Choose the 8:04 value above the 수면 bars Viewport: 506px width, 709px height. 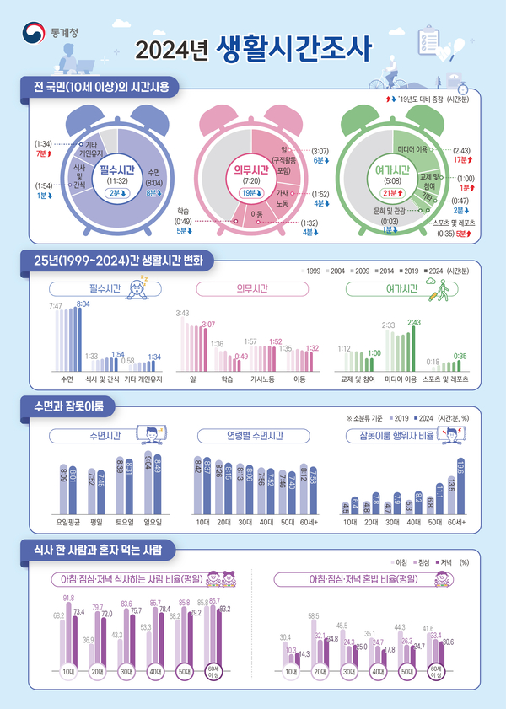(x=83, y=303)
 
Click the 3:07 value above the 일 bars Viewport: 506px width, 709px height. (x=209, y=324)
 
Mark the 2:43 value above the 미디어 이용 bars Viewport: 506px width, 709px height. (x=414, y=322)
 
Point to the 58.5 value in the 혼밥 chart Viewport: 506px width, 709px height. (x=314, y=617)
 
